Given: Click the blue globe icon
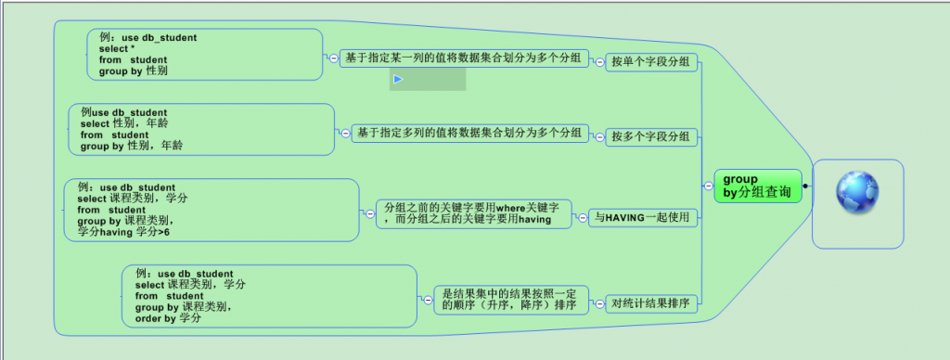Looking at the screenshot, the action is click(857, 192).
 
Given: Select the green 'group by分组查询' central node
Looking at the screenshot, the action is click(758, 186).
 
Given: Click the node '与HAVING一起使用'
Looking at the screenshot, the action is click(643, 218).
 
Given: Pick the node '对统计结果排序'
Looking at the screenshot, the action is click(651, 304).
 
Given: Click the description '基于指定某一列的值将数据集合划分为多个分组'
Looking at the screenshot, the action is click(464, 58).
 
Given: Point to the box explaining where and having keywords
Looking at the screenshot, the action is click(473, 214).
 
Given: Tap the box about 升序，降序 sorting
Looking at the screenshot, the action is click(511, 300).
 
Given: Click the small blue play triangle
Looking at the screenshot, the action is click(398, 79).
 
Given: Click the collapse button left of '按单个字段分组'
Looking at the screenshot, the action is click(599, 62).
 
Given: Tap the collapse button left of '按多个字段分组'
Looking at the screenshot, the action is click(599, 137).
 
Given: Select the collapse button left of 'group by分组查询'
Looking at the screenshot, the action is click(708, 186).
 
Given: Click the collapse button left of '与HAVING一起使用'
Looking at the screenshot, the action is click(583, 218).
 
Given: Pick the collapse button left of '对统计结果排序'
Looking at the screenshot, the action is click(599, 304).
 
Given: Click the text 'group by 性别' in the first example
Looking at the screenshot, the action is click(134, 71).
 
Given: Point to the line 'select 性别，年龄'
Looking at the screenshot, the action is click(124, 123).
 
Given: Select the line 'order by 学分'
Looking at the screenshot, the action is click(168, 318).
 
